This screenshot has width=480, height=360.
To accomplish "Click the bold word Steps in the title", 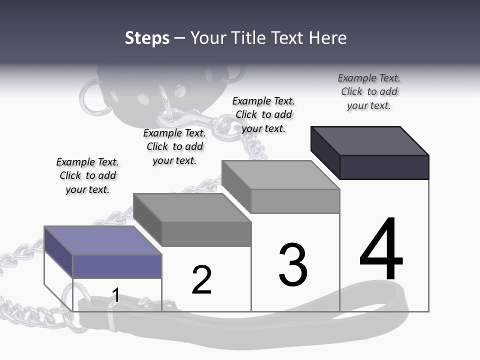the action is point(147,38).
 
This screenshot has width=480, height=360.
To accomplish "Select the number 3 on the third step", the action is point(293,264).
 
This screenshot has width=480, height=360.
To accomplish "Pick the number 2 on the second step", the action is point(201,280).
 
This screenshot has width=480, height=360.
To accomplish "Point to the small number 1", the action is point(116,295).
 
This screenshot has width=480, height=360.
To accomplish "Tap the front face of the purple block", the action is point(117,266).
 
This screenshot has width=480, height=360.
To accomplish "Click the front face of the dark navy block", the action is point(384,167).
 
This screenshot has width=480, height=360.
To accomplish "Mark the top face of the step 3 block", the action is point(280,174).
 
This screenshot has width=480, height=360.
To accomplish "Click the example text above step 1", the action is point(87,175).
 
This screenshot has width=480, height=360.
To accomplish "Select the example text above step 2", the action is point(174,146).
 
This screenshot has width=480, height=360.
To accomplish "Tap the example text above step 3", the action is point(263,114).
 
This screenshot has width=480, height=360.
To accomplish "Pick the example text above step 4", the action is point(369,91).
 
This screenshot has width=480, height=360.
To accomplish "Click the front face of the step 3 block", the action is point(295,201).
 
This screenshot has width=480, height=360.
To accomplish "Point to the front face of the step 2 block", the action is point(206,233).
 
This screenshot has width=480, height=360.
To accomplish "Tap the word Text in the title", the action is point(288,38).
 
